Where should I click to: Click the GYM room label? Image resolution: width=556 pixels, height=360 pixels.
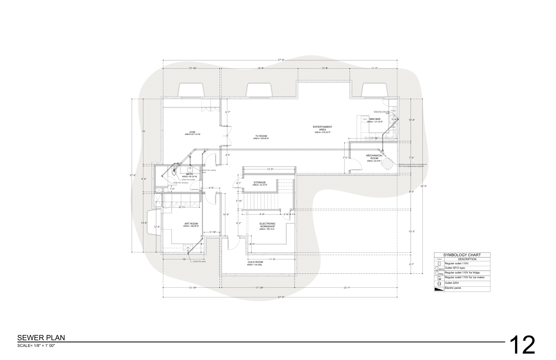click(x=192, y=132)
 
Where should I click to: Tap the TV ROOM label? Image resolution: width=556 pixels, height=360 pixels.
click(x=261, y=136)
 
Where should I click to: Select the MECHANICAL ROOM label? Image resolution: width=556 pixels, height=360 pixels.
click(x=374, y=157)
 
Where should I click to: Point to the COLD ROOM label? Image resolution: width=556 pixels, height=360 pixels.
click(x=255, y=262)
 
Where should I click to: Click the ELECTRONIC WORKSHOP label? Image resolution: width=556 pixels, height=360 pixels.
click(x=267, y=225)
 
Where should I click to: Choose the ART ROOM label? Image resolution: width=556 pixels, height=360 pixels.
click(x=191, y=224)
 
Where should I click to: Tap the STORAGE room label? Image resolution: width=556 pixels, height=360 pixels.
click(x=259, y=183)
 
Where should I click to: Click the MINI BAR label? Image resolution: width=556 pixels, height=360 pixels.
click(x=375, y=119)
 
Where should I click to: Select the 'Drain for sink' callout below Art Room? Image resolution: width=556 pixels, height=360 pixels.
click(x=200, y=262)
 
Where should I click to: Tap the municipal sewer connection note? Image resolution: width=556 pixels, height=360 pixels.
click(x=412, y=165)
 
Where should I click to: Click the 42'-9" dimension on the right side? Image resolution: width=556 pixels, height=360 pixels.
click(x=424, y=186)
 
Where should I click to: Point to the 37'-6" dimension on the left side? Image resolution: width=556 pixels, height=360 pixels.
click(x=133, y=175)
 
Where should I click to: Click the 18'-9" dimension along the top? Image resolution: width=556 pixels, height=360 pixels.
click(x=260, y=68)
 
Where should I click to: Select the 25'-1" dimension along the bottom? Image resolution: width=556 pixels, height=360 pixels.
click(x=347, y=288)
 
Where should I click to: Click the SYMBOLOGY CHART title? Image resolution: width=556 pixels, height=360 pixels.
click(x=462, y=255)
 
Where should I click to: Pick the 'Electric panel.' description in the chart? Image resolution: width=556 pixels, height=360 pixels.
click(x=453, y=288)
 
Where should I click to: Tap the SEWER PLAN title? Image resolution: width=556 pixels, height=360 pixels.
click(x=41, y=338)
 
